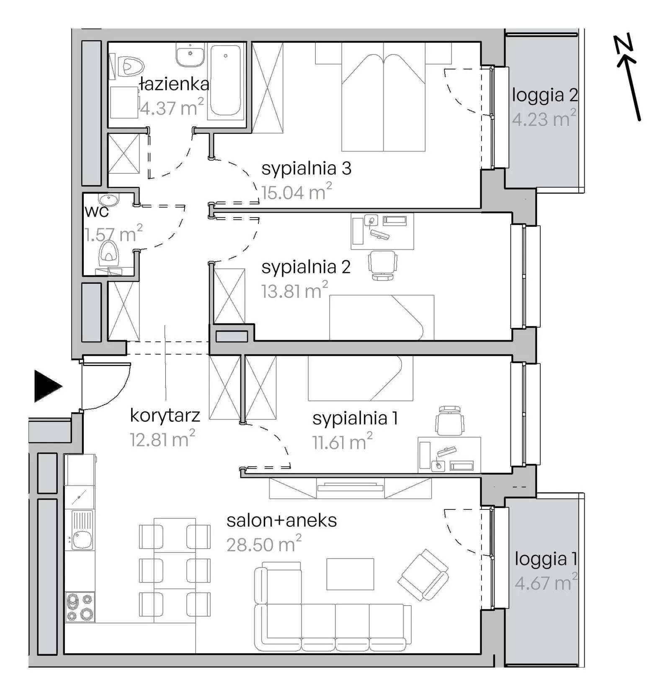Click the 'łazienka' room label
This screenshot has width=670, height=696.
point(174,84)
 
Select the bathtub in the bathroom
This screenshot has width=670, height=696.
point(226,80)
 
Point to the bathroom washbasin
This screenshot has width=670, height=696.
point(191,55)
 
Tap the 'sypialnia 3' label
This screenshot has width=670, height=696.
point(306,168)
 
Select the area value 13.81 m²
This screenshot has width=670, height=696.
point(295,290)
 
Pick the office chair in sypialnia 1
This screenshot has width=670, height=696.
point(450,421)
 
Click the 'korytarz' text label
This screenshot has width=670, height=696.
point(165,415)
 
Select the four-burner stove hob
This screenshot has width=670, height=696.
point(80,607)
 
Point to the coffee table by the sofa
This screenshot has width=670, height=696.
point(350,574)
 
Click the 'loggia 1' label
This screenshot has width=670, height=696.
point(546,559)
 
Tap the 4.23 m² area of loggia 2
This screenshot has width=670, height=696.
point(544,118)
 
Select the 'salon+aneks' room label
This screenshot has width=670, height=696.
point(282,521)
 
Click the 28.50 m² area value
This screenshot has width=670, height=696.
point(264,544)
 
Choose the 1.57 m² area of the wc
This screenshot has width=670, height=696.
point(113,234)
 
